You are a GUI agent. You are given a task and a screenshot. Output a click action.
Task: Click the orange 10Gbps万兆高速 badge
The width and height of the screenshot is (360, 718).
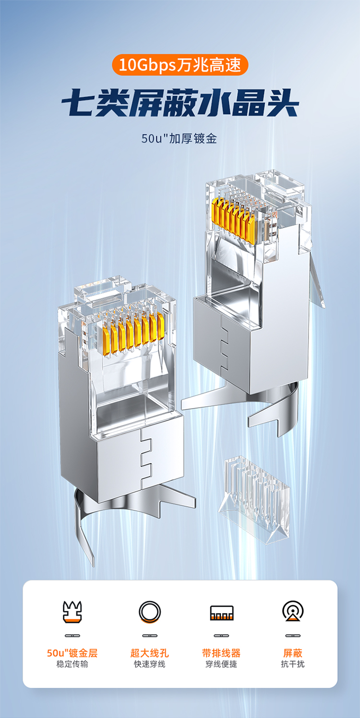[180, 65]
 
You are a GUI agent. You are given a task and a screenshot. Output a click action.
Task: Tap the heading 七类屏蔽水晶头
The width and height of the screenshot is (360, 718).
[180, 102]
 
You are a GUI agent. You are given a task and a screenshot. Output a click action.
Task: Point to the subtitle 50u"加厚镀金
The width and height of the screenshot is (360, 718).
[180, 138]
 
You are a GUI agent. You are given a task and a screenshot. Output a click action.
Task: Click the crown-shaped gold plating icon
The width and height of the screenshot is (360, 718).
[72, 612]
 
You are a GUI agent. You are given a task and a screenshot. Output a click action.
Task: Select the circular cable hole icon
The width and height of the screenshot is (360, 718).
[150, 612]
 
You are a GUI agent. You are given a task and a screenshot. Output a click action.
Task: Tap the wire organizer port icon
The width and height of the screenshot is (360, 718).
[222, 612]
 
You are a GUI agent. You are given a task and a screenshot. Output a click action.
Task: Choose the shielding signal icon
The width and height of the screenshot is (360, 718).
[293, 611]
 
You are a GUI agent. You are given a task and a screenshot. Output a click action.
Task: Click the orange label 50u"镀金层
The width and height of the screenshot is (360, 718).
[72, 653]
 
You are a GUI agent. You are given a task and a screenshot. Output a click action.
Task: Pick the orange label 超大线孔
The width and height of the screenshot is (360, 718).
[150, 653]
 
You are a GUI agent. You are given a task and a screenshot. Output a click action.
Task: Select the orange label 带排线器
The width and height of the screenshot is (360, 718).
[221, 653]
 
